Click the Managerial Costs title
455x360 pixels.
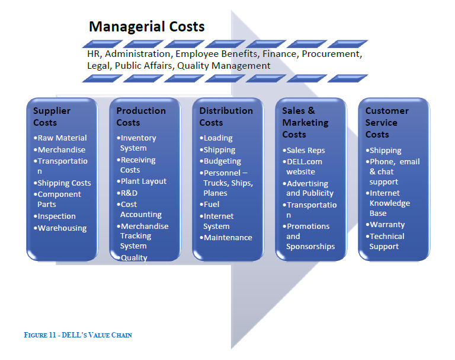[x=146, y=27]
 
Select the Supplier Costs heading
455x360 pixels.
[x=52, y=116]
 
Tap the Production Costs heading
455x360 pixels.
[x=141, y=116]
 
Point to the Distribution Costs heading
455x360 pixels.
[x=226, y=116]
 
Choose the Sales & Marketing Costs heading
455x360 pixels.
[x=305, y=122]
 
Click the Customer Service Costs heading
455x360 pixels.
[x=387, y=122]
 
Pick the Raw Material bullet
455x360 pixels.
[x=60, y=138]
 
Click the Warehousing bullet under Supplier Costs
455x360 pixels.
[x=60, y=228]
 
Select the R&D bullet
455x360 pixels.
[x=127, y=193]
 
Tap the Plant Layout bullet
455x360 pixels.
[x=142, y=181]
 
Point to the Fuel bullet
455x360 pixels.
[x=209, y=204]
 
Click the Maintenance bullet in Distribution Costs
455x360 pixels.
[x=226, y=237]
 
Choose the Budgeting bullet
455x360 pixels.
[x=220, y=161]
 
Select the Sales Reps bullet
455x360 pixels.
[x=303, y=150]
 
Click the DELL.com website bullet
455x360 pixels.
[x=302, y=167]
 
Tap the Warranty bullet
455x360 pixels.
[x=385, y=225]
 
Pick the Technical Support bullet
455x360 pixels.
[x=384, y=241]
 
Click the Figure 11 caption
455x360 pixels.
[x=78, y=335]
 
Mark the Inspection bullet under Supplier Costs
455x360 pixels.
[x=55, y=216]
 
